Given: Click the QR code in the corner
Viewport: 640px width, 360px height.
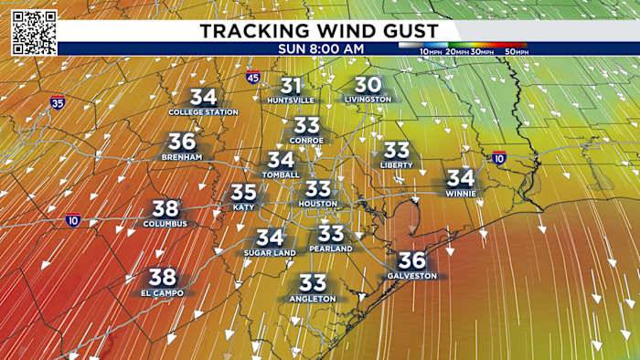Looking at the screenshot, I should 35,32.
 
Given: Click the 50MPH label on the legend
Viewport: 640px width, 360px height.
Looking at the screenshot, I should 516,52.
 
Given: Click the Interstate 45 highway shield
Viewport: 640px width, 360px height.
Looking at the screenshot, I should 252,79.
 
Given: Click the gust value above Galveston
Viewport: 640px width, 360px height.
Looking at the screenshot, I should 412,259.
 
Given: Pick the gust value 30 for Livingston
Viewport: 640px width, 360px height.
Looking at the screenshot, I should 368,84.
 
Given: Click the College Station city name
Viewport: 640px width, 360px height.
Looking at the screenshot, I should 203,112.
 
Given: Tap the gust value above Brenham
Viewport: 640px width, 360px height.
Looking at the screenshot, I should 182,142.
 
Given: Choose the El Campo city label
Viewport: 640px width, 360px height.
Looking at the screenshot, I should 163,292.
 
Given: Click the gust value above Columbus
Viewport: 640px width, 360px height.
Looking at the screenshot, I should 165,208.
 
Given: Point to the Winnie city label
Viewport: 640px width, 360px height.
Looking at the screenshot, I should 461,193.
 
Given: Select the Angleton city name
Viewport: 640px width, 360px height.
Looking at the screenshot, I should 313,299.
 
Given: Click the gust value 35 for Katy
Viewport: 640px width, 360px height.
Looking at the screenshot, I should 243,193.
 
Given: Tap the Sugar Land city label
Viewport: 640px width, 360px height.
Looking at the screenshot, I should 270,252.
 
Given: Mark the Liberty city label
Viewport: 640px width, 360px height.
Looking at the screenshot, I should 397,164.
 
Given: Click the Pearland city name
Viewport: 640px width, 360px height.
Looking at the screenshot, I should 331,249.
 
